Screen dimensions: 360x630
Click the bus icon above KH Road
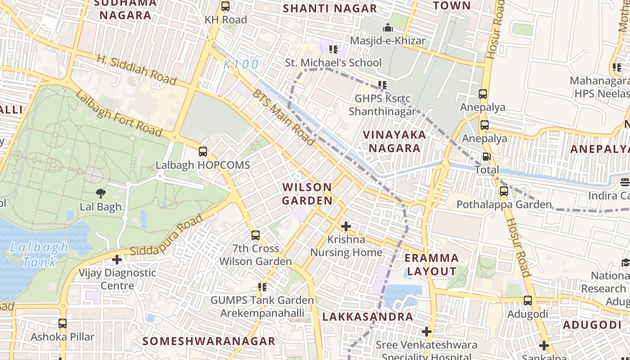click(x=225, y=7)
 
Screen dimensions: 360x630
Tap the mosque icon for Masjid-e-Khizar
click(x=387, y=28)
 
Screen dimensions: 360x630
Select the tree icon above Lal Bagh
click(x=101, y=193)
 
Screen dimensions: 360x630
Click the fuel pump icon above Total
click(x=486, y=157)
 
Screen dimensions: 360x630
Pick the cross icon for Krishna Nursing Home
click(x=346, y=226)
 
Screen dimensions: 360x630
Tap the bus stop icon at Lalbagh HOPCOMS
click(x=203, y=152)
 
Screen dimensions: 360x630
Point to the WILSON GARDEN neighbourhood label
click(x=307, y=193)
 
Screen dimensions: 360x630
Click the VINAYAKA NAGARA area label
click(x=395, y=141)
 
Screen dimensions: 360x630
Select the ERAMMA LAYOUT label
click(x=432, y=265)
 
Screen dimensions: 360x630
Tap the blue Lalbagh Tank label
click(x=39, y=254)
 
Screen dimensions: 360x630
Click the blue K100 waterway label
click(x=241, y=64)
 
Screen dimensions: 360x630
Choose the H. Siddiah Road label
click(x=136, y=70)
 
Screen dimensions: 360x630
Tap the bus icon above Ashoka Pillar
click(x=63, y=324)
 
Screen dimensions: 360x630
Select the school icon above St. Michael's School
click(x=333, y=49)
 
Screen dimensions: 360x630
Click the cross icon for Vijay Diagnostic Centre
click(x=117, y=260)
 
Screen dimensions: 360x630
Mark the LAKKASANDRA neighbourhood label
click(x=368, y=316)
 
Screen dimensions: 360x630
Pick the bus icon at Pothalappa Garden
click(x=504, y=191)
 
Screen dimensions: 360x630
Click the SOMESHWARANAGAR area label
click(x=209, y=341)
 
